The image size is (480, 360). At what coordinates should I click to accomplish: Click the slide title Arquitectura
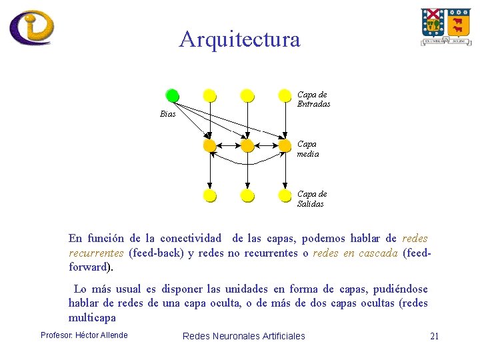(239, 40)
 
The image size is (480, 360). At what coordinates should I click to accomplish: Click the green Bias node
(173, 95)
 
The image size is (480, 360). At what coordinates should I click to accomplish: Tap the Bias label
(168, 114)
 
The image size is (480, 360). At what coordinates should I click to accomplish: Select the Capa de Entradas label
(313, 99)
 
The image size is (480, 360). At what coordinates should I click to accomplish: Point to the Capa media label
(307, 149)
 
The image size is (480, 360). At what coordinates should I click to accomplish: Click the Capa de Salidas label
(311, 199)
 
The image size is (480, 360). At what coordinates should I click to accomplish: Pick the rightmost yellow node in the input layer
(285, 95)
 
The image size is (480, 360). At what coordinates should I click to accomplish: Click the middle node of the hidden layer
(247, 145)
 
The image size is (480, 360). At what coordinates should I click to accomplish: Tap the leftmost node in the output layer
(210, 195)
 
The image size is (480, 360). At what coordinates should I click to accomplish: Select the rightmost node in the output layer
(285, 195)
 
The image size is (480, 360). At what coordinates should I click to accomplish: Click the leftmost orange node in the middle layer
(210, 145)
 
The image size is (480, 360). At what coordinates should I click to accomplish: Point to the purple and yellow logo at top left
(31, 27)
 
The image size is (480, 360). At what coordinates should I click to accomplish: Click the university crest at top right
(445, 27)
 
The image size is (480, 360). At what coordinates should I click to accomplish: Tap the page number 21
(434, 336)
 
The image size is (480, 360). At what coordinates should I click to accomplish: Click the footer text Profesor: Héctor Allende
(84, 335)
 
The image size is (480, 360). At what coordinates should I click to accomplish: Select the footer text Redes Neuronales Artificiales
(243, 336)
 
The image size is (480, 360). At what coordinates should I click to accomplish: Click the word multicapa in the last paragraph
(92, 318)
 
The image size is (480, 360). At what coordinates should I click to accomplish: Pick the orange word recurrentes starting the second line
(96, 253)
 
